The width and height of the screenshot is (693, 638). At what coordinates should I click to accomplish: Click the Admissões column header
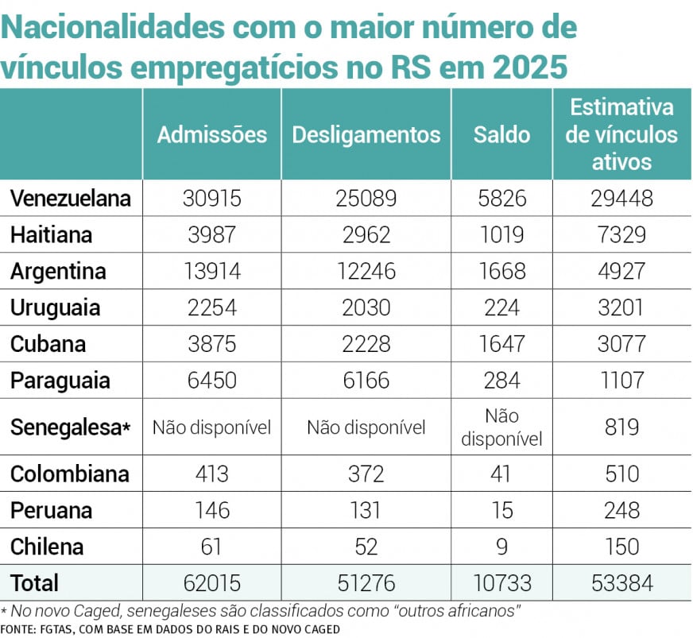pyautogui.click(x=211, y=134)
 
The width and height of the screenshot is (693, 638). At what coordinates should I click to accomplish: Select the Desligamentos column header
pyautogui.click(x=366, y=134)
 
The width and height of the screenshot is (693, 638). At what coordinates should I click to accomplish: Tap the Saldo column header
pyautogui.click(x=501, y=134)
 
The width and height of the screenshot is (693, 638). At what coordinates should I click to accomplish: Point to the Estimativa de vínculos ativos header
pyautogui.click(x=621, y=134)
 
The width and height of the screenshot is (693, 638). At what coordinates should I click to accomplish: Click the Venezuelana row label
pyautogui.click(x=70, y=198)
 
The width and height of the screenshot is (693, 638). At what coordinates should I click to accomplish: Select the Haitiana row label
pyautogui.click(x=51, y=235)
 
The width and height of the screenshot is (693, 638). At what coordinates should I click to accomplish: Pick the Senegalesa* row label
pyautogui.click(x=70, y=427)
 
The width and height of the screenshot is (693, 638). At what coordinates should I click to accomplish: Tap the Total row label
pyautogui.click(x=34, y=582)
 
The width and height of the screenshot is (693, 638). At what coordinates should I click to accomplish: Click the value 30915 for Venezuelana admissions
pyautogui.click(x=211, y=198)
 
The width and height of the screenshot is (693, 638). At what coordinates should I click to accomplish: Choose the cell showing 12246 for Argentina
pyautogui.click(x=366, y=271)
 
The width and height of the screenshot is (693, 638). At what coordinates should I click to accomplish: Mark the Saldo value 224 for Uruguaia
pyautogui.click(x=501, y=307)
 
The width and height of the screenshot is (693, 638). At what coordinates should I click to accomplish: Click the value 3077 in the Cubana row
pyautogui.click(x=621, y=344)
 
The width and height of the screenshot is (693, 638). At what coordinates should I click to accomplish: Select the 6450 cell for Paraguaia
pyautogui.click(x=211, y=381)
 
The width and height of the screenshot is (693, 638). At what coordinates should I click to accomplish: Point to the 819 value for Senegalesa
pyautogui.click(x=621, y=427)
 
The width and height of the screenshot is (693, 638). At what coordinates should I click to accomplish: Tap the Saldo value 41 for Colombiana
pyautogui.click(x=501, y=474)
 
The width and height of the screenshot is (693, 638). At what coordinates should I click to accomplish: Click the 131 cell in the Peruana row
pyautogui.click(x=366, y=510)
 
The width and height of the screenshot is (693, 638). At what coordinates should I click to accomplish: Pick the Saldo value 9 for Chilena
pyautogui.click(x=501, y=547)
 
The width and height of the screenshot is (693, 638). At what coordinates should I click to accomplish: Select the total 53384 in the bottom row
pyautogui.click(x=621, y=583)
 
